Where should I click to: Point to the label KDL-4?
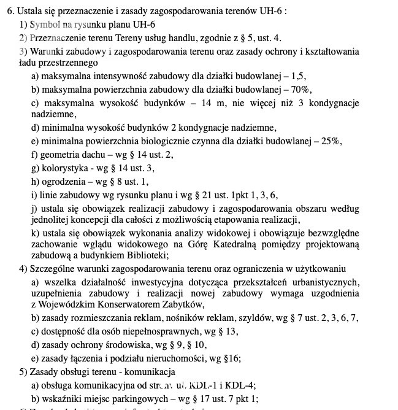point(240,386)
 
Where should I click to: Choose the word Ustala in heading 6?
point(30,11)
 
